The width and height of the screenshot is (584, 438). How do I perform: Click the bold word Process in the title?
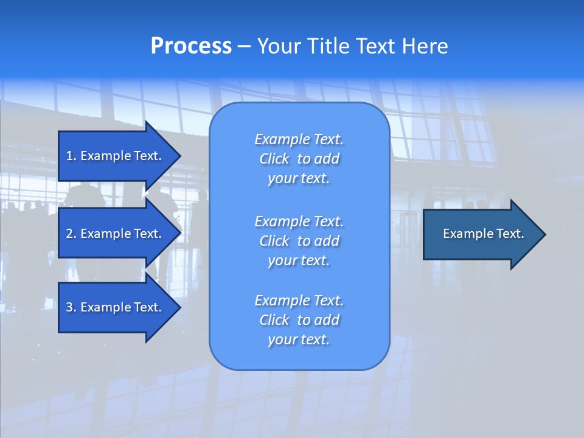(x=191, y=46)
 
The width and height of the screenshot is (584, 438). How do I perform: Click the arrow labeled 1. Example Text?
(x=116, y=156)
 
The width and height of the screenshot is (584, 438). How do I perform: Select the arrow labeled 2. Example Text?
(x=116, y=234)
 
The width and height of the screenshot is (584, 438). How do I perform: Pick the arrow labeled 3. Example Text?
(x=116, y=307)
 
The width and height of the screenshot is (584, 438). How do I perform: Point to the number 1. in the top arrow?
(x=71, y=156)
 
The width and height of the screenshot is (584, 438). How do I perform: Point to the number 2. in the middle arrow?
(x=71, y=234)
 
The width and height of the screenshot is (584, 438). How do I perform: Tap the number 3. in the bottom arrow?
(x=71, y=307)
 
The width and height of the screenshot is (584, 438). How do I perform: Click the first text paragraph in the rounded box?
(x=299, y=159)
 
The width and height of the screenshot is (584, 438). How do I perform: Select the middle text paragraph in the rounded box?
(x=299, y=241)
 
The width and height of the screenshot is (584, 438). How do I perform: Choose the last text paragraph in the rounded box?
(x=299, y=320)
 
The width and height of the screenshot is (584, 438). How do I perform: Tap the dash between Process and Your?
(x=245, y=47)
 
